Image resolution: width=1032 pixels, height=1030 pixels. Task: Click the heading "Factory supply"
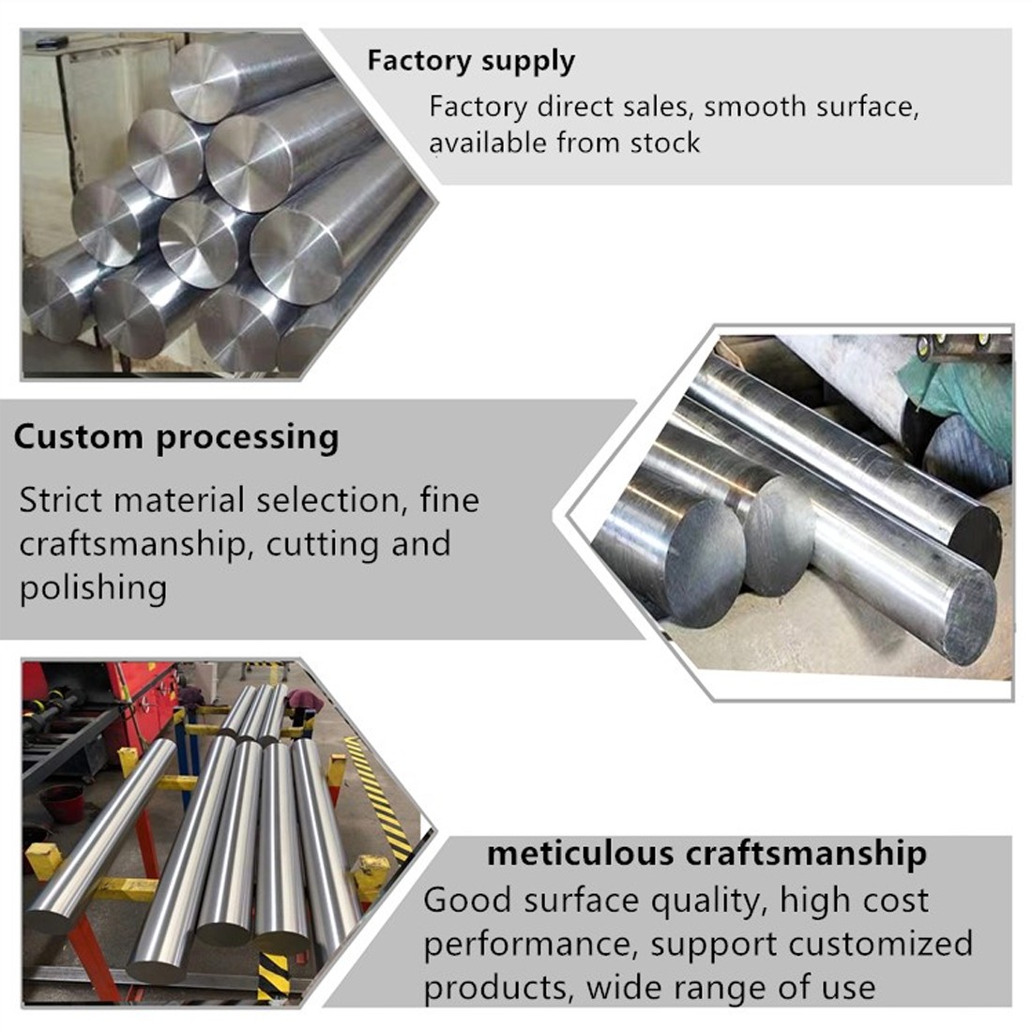pyautogui.click(x=470, y=61)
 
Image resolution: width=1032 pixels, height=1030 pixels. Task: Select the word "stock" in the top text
pyautogui.click(x=665, y=143)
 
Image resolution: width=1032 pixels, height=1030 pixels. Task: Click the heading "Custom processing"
pyautogui.click(x=176, y=437)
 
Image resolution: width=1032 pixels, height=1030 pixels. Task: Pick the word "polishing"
pyautogui.click(x=93, y=588)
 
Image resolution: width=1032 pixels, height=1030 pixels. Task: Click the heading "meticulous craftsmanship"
pyautogui.click(x=706, y=854)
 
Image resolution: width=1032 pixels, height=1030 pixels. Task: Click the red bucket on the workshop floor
pyautogui.click(x=62, y=802)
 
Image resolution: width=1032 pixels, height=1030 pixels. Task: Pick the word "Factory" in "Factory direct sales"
pyautogui.click(x=478, y=106)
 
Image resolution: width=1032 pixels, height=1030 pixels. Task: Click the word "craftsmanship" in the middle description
pyautogui.click(x=131, y=544)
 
